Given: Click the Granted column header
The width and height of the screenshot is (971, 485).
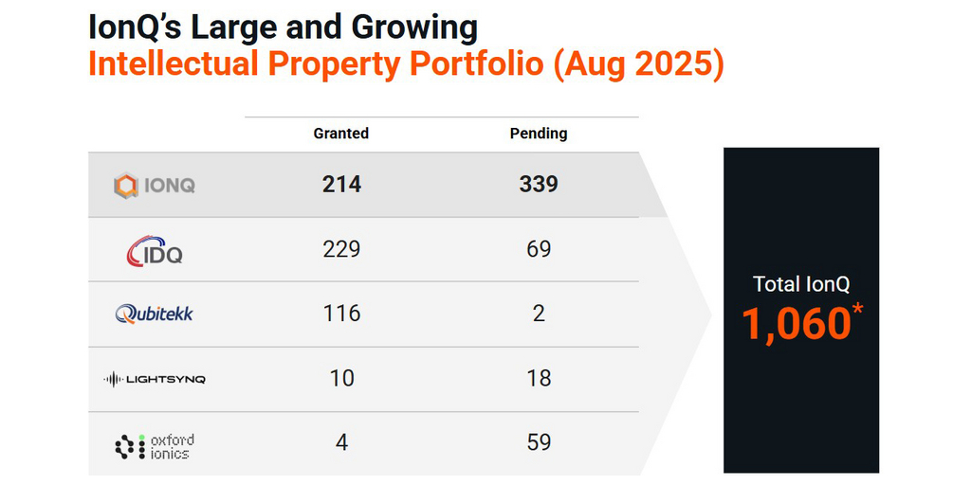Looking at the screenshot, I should coord(340,134).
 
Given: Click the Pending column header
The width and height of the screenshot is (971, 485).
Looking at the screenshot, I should coord(538,134).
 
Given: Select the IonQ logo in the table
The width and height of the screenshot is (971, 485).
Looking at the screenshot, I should coord(155,185).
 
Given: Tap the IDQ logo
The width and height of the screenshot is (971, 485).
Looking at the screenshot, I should coord(155,249).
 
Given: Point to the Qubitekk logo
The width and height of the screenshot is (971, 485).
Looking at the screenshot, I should coord(154,314).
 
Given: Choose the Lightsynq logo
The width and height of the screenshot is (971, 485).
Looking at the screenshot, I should coord(154,379).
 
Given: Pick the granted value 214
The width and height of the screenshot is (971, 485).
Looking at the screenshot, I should coord(341,185).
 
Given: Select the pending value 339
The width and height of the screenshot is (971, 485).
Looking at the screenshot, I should coord(538,185).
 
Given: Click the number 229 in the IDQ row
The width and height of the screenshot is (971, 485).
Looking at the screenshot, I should coord(341,249).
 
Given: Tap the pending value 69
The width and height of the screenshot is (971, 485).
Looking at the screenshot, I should coord(539,249).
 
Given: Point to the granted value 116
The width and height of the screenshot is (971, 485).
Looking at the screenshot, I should coord(341,314).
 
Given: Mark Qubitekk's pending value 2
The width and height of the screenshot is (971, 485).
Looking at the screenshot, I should coord(539,314).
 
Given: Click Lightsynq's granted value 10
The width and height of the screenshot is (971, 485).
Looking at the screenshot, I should coord(341,378).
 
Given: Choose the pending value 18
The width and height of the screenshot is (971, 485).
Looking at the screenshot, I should coord(539,378).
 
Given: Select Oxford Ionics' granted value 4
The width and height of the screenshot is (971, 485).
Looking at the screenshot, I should coord(341,442).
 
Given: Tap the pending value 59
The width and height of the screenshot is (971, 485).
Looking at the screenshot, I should coord(539,442).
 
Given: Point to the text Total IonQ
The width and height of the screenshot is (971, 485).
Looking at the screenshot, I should coord(801,283).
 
